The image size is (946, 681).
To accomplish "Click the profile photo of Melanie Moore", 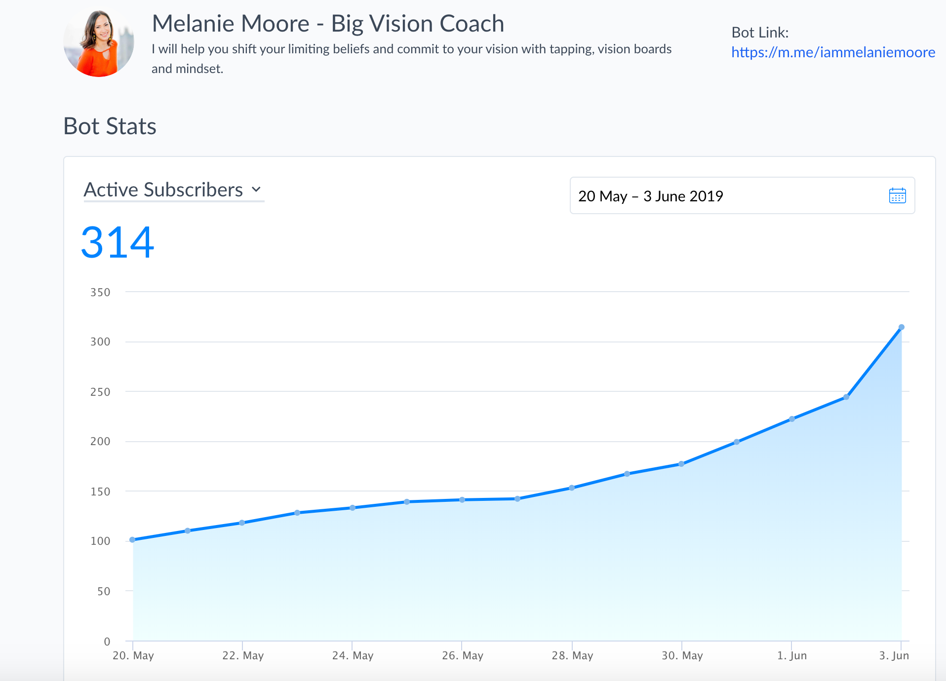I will (99, 43).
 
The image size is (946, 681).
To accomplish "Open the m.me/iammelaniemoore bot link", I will (833, 52).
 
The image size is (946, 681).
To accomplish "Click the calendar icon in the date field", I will (897, 195).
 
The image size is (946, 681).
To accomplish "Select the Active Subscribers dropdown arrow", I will (256, 189).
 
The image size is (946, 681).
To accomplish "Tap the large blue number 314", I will (118, 242).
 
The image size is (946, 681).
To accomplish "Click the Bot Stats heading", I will (110, 126).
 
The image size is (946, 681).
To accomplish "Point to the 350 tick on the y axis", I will (100, 292).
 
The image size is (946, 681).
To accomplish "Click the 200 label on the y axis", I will (100, 441).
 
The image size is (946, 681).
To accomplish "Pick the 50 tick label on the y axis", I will (104, 591).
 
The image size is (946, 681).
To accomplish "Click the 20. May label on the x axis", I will (133, 655).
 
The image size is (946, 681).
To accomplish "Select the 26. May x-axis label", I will (463, 655).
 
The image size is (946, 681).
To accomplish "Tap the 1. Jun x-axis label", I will (792, 655).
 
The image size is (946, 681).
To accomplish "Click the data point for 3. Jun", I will (901, 327).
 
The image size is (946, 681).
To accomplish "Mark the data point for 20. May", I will (132, 539).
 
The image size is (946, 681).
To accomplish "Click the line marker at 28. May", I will (572, 488).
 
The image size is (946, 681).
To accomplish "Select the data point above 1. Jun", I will (791, 419).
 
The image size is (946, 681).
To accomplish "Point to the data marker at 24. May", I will (353, 507).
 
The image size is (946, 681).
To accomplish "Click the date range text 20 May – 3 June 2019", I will (650, 196).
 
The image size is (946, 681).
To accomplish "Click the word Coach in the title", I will (472, 24).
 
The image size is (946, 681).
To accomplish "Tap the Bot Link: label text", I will (760, 33).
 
